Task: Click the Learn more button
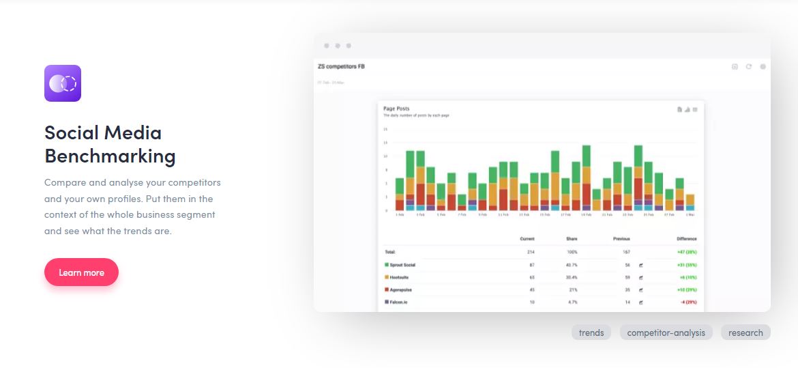coord(81,272)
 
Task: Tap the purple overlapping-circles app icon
coord(63,83)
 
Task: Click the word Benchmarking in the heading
coord(110,156)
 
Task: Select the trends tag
coord(591,332)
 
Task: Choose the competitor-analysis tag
coord(666,332)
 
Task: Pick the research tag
coord(745,332)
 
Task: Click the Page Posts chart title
coord(396,109)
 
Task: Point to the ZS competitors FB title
coord(341,66)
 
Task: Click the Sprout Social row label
coord(402,264)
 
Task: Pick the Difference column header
coord(686,239)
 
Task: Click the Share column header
coord(572,239)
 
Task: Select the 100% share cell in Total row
coord(572,252)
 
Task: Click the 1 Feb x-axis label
coord(400,214)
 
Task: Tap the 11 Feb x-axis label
coord(503,214)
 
